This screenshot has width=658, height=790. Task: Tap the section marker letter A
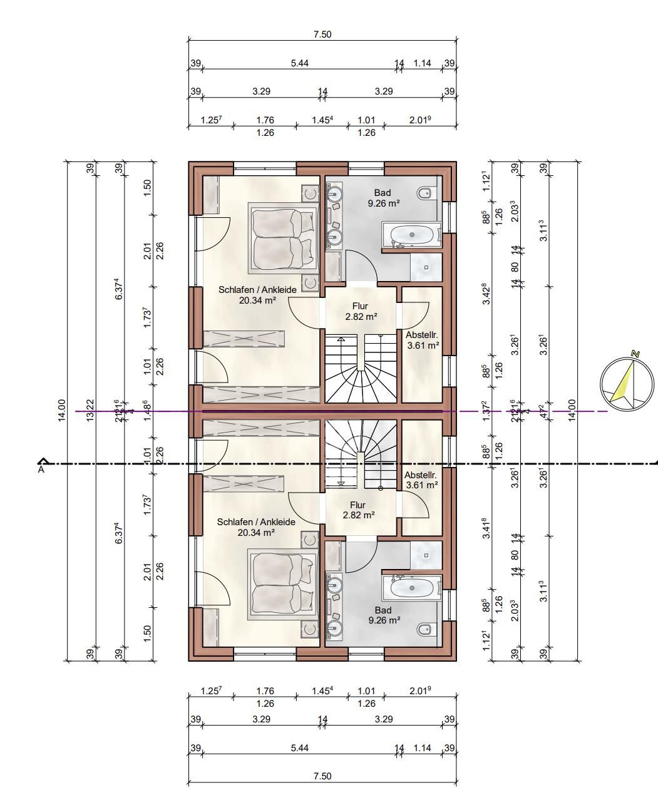tap(42, 468)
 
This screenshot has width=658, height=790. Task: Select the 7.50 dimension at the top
tap(322, 35)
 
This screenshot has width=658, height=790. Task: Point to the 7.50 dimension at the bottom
tap(322, 776)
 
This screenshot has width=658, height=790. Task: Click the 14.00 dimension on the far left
tap(61, 411)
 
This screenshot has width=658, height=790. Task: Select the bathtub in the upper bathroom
tap(412, 235)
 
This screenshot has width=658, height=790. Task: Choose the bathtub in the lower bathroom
tap(412, 588)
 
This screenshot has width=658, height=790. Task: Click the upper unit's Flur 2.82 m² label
tap(361, 311)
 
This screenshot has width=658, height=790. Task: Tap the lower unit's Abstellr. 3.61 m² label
tap(421, 480)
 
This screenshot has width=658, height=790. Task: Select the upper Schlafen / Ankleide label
tap(257, 295)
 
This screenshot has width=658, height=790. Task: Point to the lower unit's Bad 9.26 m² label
tap(383, 615)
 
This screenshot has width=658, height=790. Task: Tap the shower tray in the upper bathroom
tap(426, 267)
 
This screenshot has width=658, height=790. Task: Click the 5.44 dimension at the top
tap(299, 63)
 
